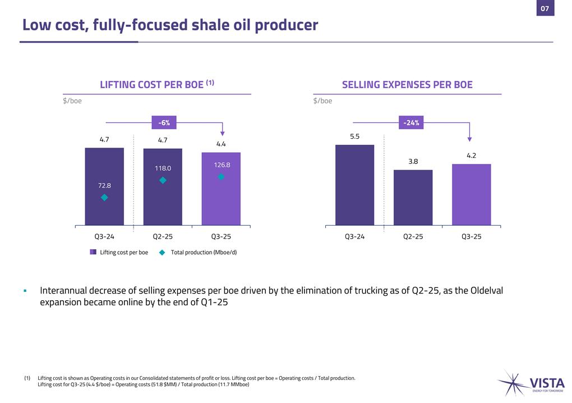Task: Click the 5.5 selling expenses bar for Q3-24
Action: point(354,185)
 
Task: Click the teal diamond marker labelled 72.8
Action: point(104,198)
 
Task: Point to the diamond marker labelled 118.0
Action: point(163,180)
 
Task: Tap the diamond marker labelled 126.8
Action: point(221,177)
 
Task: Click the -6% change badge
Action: point(164,122)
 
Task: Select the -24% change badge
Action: point(411,122)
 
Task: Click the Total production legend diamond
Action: point(162,253)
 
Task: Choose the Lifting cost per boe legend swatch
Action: point(93,253)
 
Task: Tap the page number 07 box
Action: point(545,8)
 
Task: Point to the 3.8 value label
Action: point(413,161)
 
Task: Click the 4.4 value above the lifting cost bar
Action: point(221,144)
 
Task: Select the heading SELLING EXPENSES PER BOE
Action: point(407,85)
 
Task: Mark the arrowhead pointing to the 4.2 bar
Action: point(470,139)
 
